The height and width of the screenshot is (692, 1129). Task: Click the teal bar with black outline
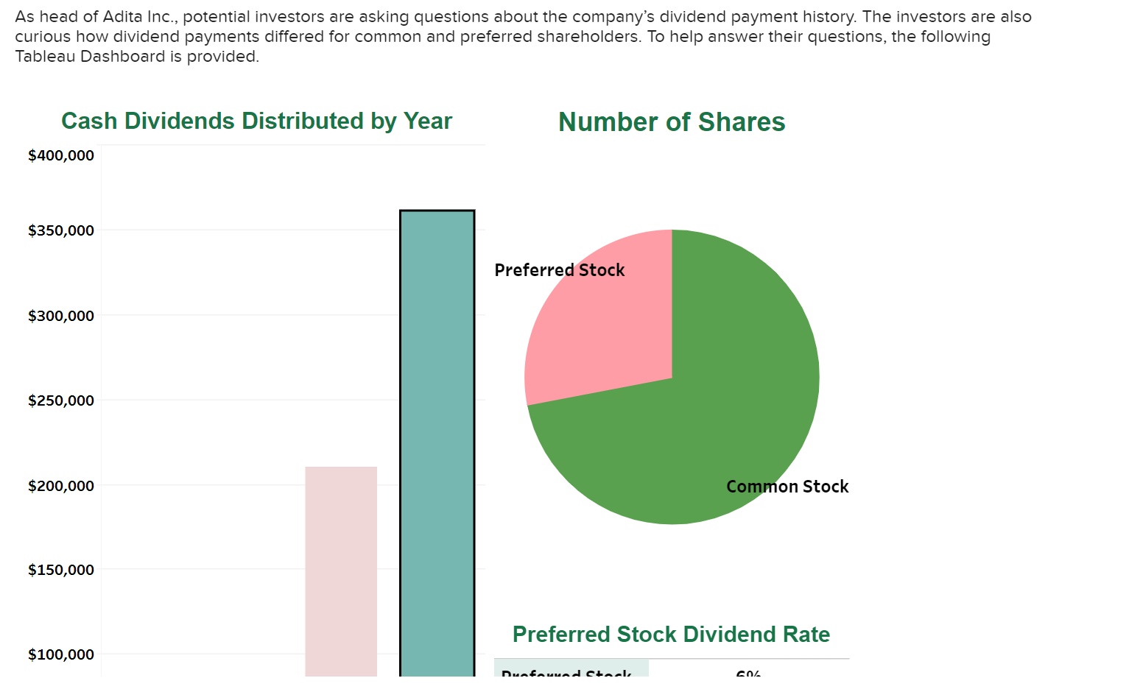click(437, 442)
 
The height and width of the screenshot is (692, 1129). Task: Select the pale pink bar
click(341, 571)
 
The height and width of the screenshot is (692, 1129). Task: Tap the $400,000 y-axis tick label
click(61, 155)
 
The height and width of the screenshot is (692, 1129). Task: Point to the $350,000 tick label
click(61, 230)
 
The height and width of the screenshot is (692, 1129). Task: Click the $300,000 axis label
click(61, 316)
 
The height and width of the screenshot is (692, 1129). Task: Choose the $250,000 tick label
click(61, 400)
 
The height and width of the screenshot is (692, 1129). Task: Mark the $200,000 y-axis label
click(61, 486)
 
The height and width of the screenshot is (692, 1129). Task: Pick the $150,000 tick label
click(61, 570)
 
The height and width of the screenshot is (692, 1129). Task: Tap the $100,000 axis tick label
click(61, 654)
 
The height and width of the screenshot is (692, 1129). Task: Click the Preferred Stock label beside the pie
click(559, 270)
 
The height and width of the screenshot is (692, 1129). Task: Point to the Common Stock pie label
click(787, 487)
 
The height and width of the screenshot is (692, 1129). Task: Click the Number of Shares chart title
click(672, 122)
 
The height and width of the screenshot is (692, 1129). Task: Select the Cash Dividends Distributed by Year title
click(256, 121)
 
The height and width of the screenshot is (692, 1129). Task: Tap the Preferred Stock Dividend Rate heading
click(671, 634)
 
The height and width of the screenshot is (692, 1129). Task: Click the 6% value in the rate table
click(748, 673)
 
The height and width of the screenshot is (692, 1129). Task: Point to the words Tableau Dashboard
click(91, 56)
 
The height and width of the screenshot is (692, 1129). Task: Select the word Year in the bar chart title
click(427, 121)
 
